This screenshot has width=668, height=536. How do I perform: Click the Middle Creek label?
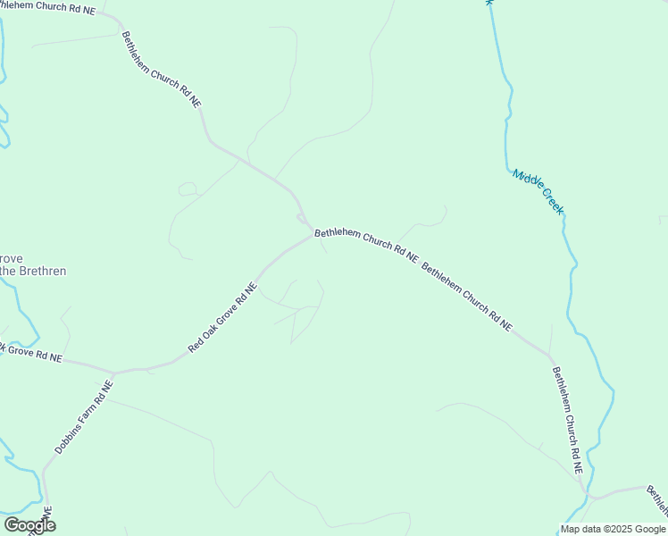tap(538, 191)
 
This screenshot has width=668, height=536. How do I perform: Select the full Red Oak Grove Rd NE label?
tap(222, 317)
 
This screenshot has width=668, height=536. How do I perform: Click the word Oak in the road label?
tap(213, 326)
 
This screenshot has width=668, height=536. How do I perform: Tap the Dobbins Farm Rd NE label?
tap(84, 417)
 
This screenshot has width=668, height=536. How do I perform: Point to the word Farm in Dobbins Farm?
tap(89, 409)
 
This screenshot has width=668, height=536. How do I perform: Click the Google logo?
tap(29, 525)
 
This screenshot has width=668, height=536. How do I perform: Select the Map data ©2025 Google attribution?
tap(614, 529)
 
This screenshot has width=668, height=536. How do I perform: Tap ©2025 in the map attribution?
tap(616, 529)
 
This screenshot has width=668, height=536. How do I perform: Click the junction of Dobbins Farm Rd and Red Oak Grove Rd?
tap(113, 372)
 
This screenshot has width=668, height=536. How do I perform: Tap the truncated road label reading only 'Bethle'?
tap(657, 501)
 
